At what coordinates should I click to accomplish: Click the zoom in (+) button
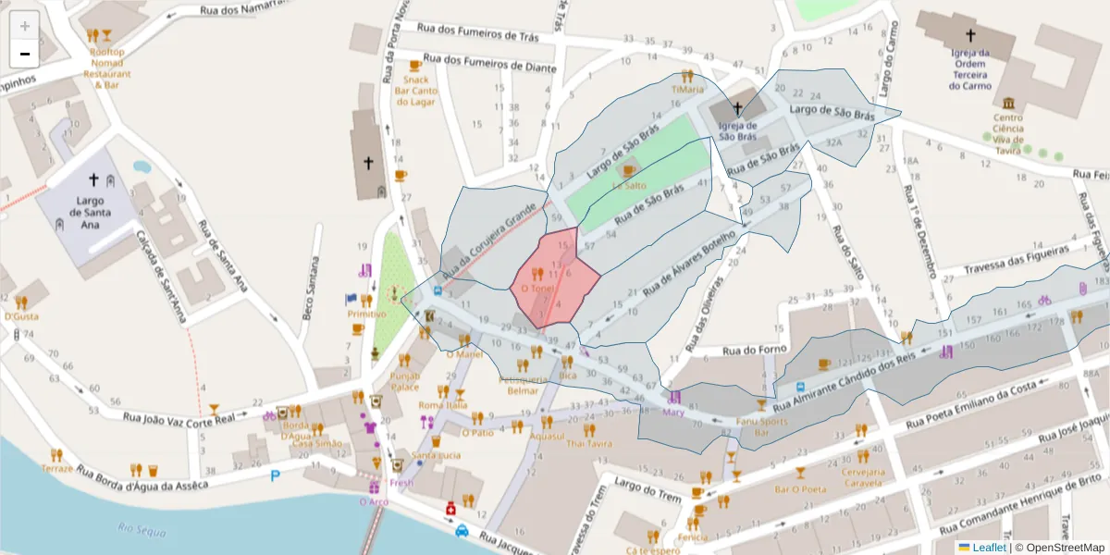(x=25, y=25)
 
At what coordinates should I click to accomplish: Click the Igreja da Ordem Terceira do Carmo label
(x=969, y=69)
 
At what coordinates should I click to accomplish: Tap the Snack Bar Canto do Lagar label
(x=415, y=91)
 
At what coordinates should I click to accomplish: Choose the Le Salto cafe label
(x=629, y=185)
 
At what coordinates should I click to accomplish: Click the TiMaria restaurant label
(x=687, y=90)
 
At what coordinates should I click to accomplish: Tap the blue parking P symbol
(x=275, y=476)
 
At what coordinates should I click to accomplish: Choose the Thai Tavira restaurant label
(x=589, y=443)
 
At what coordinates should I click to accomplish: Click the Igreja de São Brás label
(x=737, y=131)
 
